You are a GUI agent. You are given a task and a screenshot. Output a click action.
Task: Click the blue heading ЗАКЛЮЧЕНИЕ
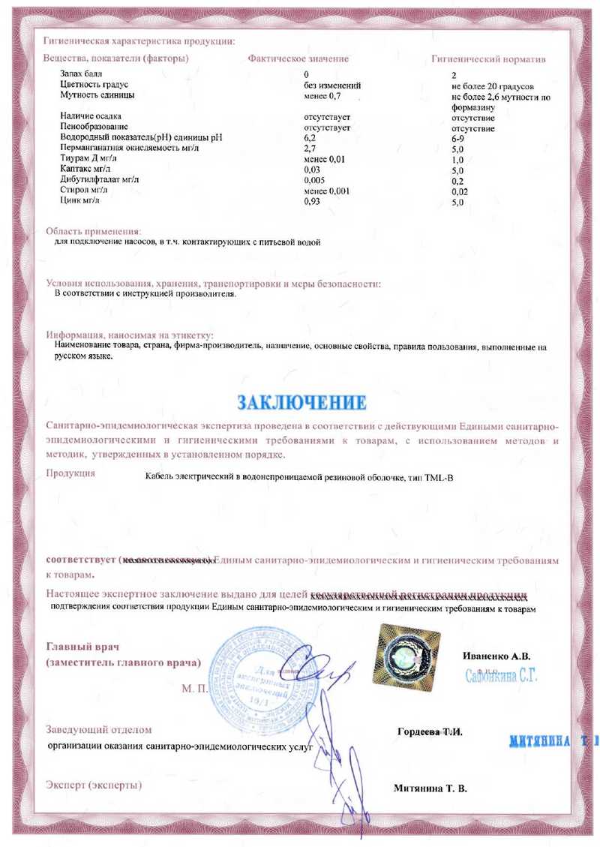(x=301, y=401)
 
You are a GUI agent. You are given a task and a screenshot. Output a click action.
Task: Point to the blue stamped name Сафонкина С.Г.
(x=502, y=675)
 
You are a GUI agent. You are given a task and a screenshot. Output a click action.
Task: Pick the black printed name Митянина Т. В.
(x=430, y=788)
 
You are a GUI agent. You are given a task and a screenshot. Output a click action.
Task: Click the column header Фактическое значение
(x=298, y=58)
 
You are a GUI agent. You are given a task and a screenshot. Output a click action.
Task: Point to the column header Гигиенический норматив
(x=488, y=59)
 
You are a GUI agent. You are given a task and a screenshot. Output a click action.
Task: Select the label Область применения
(x=93, y=231)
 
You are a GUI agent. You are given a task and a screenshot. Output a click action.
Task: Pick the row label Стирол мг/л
(x=80, y=191)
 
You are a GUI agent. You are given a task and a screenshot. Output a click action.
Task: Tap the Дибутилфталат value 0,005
(x=315, y=181)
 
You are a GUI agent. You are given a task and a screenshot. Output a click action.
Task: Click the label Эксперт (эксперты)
(x=94, y=785)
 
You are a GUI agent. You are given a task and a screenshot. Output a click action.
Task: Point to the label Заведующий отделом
(x=98, y=729)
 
